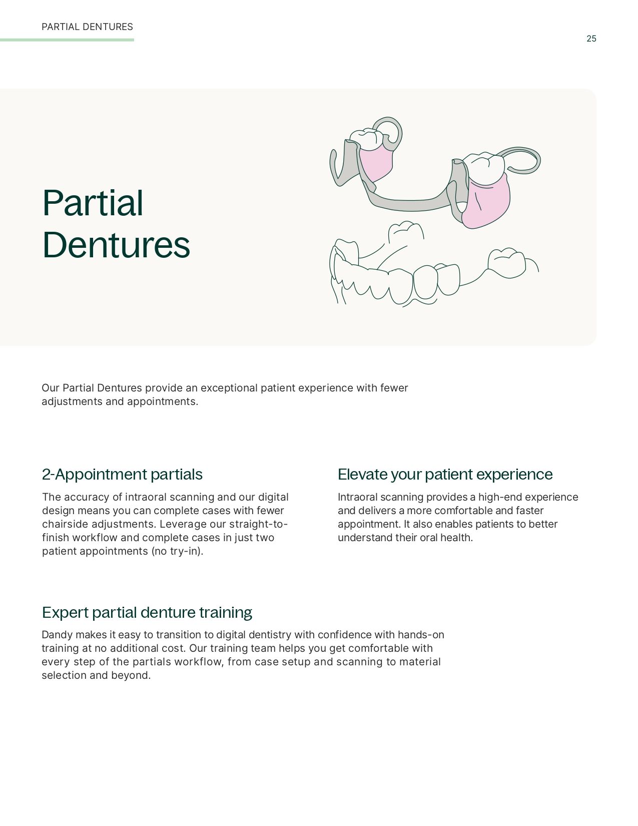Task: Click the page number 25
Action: tap(591, 39)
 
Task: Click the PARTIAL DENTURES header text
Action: tap(87, 27)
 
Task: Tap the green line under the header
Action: tap(67, 40)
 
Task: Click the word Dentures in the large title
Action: tap(116, 245)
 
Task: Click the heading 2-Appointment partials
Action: tap(122, 475)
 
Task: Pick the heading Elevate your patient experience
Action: tap(445, 475)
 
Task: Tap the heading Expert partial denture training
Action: tap(147, 612)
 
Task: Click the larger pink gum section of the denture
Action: tap(487, 203)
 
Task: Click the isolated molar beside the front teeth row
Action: tap(507, 263)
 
